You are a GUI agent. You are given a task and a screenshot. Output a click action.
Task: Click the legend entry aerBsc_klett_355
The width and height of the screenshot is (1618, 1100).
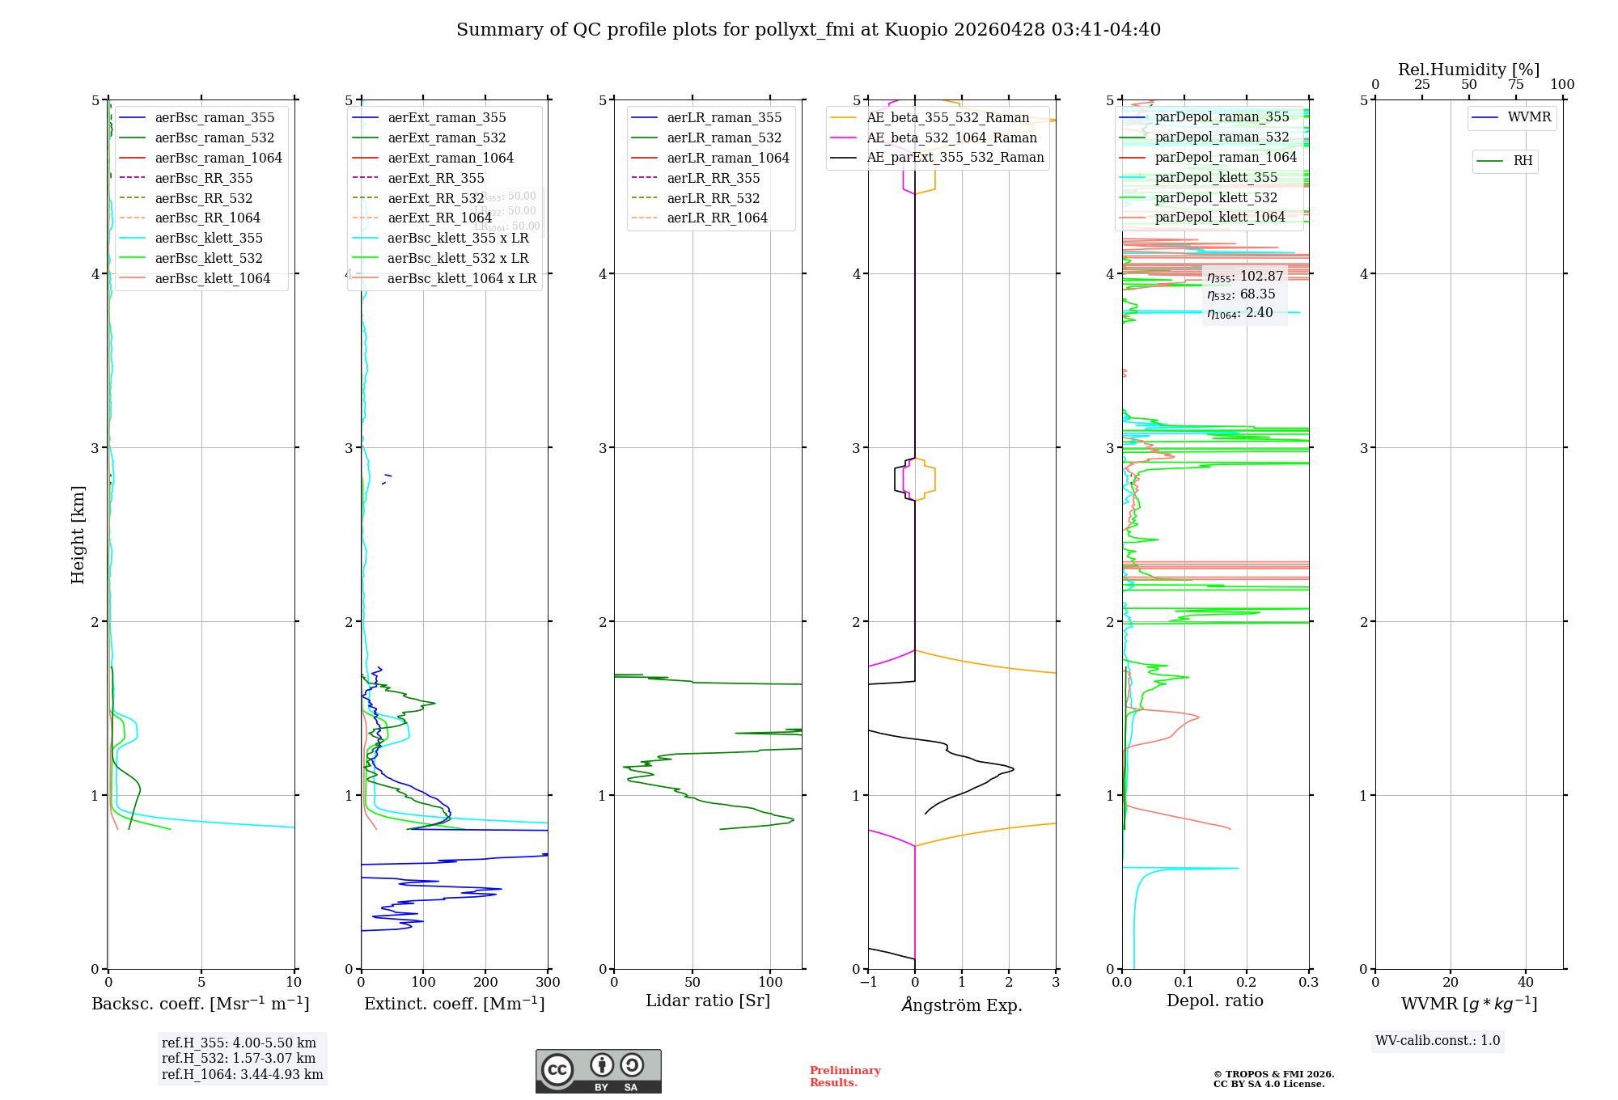(x=209, y=238)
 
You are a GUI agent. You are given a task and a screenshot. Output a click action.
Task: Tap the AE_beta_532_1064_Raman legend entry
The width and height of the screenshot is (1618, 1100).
(x=951, y=137)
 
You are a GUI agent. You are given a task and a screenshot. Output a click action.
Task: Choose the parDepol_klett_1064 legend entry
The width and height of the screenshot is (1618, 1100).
(x=1220, y=217)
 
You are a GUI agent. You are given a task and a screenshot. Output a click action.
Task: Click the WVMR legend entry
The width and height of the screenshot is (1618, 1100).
(x=1529, y=117)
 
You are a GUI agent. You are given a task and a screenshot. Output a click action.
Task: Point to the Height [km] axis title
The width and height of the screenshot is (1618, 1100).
(x=78, y=535)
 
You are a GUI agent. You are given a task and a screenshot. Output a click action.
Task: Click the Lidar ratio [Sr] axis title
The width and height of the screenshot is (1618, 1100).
(x=708, y=1001)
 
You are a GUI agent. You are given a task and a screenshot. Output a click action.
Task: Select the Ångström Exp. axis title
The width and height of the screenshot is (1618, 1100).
(x=962, y=1005)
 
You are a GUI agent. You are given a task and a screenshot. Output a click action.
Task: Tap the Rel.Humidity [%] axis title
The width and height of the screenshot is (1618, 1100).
(x=1468, y=70)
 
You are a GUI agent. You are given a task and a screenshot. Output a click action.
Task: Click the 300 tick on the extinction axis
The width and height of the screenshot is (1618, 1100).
(x=549, y=983)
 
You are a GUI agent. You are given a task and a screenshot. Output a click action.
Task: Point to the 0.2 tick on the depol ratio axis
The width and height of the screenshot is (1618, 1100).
(x=1247, y=983)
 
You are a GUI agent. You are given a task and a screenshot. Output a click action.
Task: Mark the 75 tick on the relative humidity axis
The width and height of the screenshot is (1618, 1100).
(x=1516, y=85)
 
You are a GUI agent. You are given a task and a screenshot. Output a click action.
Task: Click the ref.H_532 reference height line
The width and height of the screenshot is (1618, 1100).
(x=239, y=1058)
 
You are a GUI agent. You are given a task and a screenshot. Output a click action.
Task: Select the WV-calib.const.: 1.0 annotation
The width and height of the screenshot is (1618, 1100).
(x=1438, y=1040)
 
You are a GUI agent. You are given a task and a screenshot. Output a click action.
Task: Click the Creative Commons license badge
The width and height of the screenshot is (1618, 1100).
(x=598, y=1072)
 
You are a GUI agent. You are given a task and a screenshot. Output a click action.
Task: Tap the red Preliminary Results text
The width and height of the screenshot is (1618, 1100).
(x=845, y=1077)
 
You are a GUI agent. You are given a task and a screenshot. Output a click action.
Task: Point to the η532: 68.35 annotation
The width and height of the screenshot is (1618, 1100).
(x=1241, y=294)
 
